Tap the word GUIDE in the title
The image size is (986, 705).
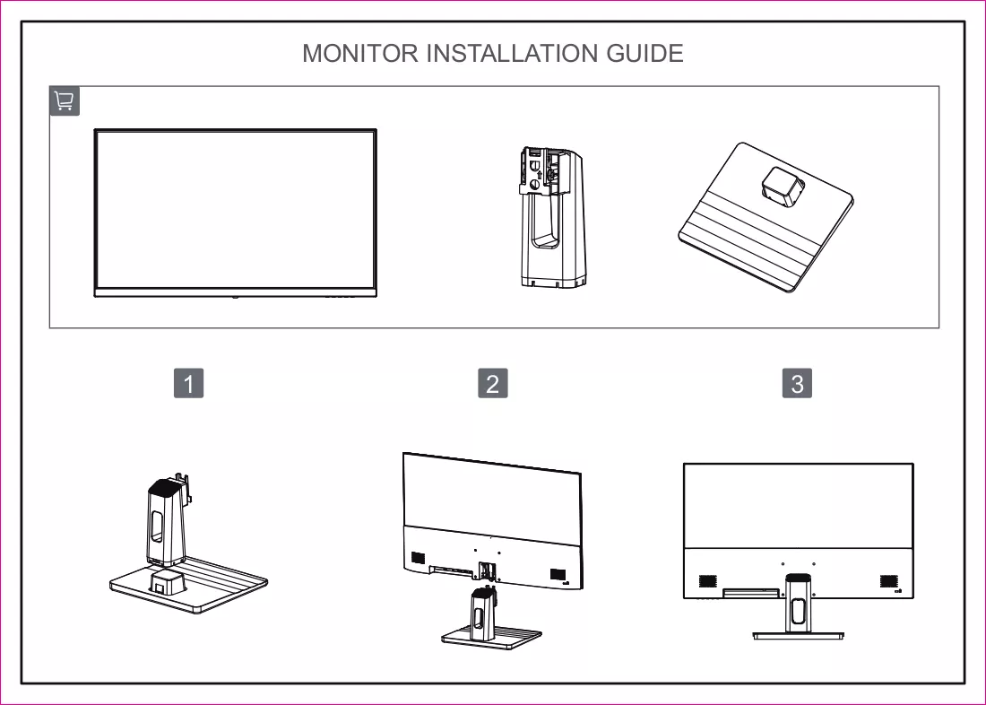(x=644, y=54)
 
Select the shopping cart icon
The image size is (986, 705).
(x=65, y=100)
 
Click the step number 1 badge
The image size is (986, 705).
(x=188, y=383)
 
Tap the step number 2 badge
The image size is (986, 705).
(x=493, y=383)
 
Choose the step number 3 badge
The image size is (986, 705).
(x=798, y=383)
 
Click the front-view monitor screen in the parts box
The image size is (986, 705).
(x=235, y=213)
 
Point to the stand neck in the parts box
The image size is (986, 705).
(x=551, y=217)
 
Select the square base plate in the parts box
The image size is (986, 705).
(x=765, y=217)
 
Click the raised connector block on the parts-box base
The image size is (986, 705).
(x=783, y=187)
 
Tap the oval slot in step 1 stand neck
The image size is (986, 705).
(x=157, y=526)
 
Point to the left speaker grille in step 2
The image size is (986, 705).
(x=418, y=558)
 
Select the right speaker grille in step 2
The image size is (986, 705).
(x=558, y=575)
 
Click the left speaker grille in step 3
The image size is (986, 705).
(x=708, y=581)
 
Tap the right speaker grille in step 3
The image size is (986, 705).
(x=888, y=581)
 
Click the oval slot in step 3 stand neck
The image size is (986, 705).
(x=798, y=611)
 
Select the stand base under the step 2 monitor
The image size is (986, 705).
(x=491, y=637)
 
